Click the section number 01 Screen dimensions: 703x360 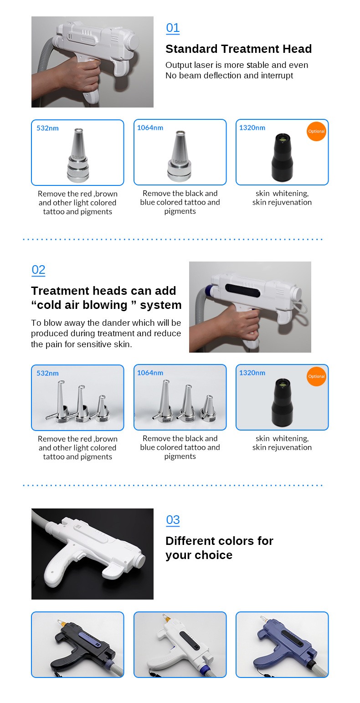[x=173, y=28]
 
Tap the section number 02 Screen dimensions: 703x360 [x=38, y=270]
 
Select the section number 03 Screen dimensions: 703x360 [x=173, y=520]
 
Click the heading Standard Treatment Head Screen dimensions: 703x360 [x=238, y=49]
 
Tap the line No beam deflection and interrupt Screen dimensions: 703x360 [x=229, y=76]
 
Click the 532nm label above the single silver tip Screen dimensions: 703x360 [x=47, y=128]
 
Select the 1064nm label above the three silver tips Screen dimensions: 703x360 [x=150, y=373]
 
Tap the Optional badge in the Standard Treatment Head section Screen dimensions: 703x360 [x=316, y=131]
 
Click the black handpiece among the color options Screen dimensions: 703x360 [x=77, y=645]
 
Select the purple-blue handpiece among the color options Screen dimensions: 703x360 [x=283, y=645]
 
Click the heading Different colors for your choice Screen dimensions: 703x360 [x=219, y=548]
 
